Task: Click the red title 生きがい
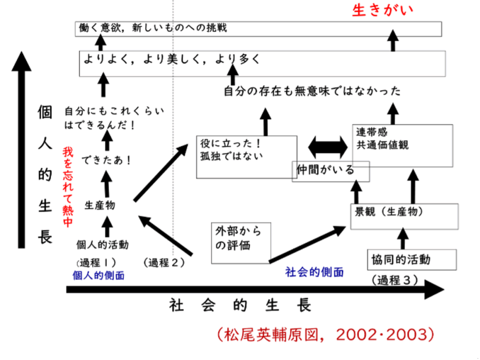click(383, 10)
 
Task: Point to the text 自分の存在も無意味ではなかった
click(312, 91)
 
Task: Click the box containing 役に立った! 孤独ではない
click(246, 157)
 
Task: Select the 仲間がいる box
click(330, 171)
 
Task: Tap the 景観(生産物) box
click(404, 216)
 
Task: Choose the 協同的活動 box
click(412, 260)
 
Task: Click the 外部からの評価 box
click(241, 242)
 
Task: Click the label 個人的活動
click(103, 245)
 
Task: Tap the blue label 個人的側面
click(99, 276)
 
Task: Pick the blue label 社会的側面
click(315, 272)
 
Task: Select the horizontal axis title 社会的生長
click(240, 306)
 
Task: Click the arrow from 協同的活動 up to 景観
click(403, 239)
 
